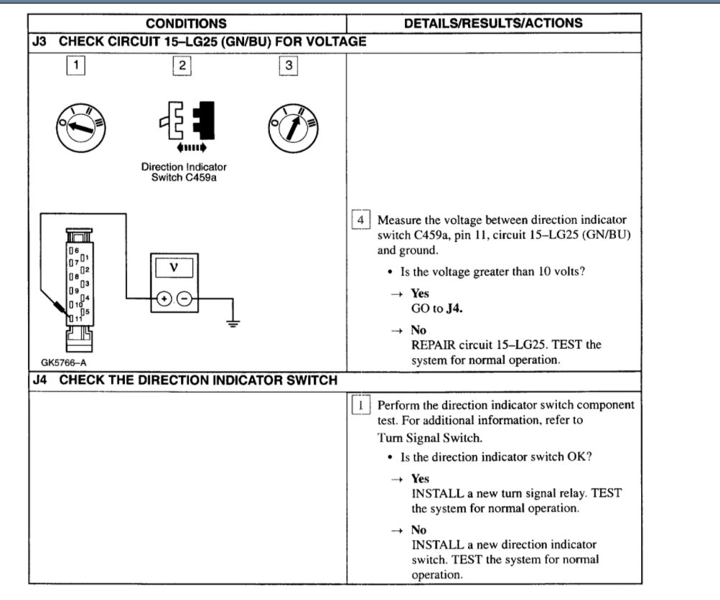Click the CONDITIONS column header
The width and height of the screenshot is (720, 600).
coord(186,24)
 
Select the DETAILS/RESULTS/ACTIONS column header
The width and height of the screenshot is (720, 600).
coord(493,24)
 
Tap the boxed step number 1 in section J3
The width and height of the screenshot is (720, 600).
coord(75,66)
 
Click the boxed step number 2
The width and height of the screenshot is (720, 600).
coord(182,66)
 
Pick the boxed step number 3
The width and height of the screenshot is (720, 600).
coord(289,66)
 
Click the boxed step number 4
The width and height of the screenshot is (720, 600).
coord(362,220)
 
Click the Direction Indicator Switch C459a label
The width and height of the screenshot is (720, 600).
coord(184,172)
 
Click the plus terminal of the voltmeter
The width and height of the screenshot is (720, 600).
coord(164,299)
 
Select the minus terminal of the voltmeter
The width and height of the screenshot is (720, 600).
coord(184,299)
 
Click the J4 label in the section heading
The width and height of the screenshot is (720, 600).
coord(41,380)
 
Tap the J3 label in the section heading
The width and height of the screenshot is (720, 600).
coord(41,42)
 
